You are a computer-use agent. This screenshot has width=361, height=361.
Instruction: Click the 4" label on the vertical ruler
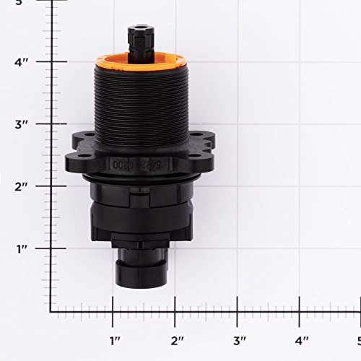(22, 62)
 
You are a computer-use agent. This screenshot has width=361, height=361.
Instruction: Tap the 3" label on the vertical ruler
(22, 124)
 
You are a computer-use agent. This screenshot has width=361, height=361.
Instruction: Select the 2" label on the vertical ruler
(22, 186)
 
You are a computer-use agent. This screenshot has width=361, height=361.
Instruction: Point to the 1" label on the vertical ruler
(22, 248)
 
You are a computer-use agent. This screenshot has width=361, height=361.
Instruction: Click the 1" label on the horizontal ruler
(113, 339)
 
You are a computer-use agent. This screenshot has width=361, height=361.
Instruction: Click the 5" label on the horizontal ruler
(356, 339)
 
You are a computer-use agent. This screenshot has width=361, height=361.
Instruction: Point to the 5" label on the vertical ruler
(20, 3)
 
